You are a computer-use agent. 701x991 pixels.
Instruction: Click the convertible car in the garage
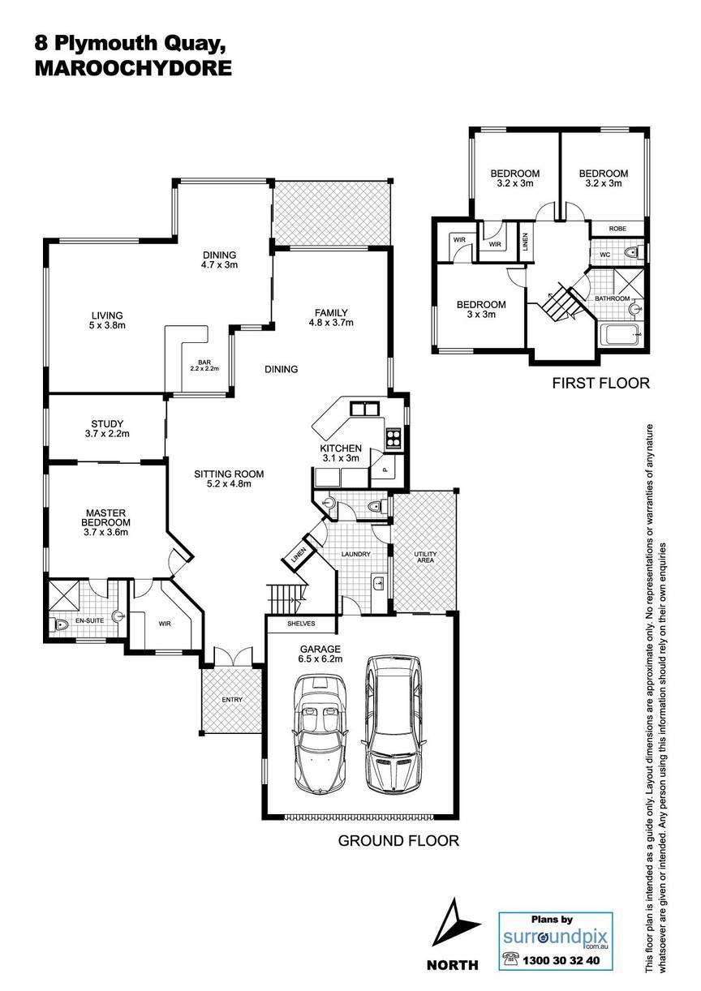coord(320,735)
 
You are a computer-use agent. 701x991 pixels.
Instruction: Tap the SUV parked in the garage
coord(394,725)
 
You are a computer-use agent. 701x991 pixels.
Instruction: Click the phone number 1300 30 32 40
coord(561,973)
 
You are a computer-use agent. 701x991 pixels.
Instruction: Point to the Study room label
coord(107,429)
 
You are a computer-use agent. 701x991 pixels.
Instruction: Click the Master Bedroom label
coord(105,522)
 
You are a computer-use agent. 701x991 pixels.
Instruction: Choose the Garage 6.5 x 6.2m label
coord(320,654)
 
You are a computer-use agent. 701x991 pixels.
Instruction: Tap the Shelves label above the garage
coord(301,624)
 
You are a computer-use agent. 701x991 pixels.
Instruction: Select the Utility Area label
coord(425,556)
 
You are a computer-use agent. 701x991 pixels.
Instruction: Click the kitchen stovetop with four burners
coord(393,439)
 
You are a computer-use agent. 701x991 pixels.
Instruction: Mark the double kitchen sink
coord(365,409)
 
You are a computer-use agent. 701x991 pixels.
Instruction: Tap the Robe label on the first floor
coord(617,229)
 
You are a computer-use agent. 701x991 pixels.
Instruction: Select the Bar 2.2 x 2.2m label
coord(204,365)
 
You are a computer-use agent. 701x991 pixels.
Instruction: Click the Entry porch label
coord(232,699)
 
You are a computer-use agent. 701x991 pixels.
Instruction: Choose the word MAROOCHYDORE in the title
coord(133,68)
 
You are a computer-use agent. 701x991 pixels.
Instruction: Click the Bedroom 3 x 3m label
coord(481,309)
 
